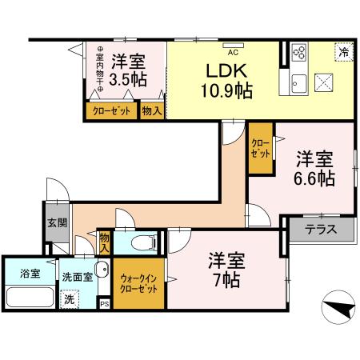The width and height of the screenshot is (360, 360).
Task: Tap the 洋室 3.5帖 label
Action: (127, 69)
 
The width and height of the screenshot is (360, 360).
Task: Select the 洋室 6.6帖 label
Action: (314, 169)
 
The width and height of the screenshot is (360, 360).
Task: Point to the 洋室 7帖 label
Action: (226, 270)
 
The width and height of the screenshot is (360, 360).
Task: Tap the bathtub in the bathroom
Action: (28, 298)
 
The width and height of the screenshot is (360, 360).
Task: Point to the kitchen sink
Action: (300, 83)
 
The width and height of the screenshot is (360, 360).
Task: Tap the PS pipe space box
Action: (104, 304)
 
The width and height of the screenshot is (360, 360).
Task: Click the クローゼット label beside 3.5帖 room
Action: (111, 110)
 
